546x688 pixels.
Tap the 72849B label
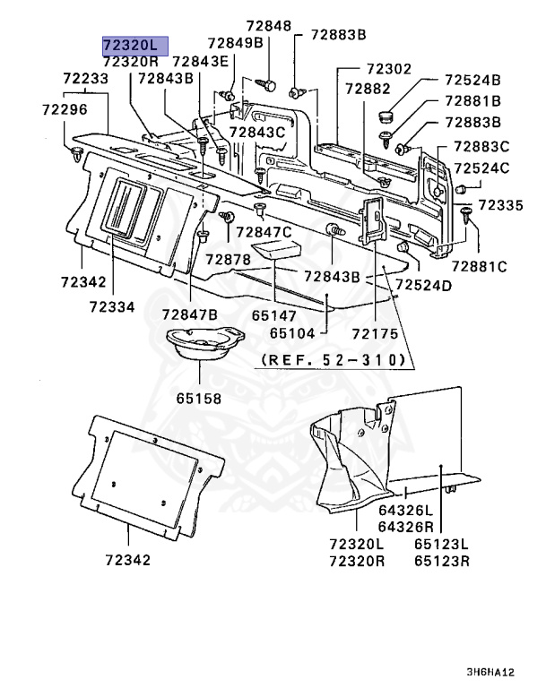(235, 43)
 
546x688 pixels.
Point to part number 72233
(86, 79)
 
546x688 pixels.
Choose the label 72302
(389, 69)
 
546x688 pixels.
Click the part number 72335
(499, 206)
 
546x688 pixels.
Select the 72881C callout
(479, 266)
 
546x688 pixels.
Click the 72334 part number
(112, 307)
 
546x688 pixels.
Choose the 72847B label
(190, 314)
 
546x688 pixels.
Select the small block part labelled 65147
(273, 247)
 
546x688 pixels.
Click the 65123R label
(442, 562)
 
